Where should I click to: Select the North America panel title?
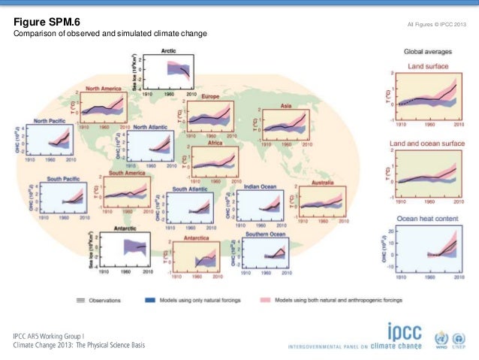pos(103,88)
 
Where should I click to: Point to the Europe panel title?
pos(209,97)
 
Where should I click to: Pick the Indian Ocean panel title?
pos(261,186)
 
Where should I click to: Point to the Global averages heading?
pos(428,52)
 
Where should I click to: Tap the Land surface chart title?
pos(428,66)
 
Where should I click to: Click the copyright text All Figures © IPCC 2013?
pos(436,26)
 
